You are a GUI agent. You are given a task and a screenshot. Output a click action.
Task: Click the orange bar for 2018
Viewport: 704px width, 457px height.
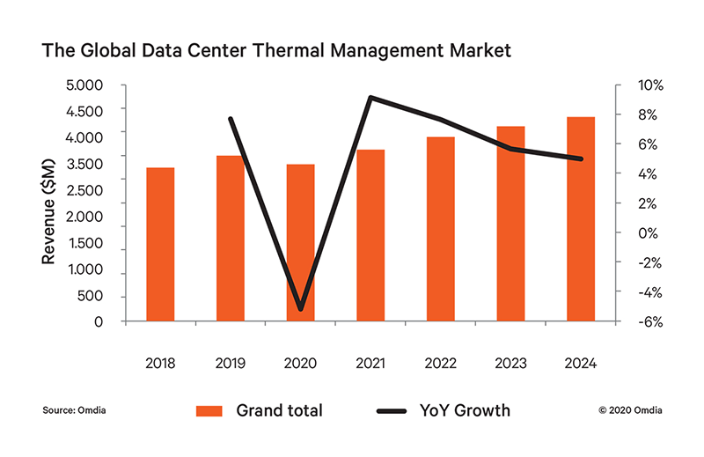click(160, 245)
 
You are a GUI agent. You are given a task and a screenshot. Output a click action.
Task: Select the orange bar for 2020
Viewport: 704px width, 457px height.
click(300, 243)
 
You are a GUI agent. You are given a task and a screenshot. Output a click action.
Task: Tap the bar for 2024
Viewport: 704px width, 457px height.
click(581, 219)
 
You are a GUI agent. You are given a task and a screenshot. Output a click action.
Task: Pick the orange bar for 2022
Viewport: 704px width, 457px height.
click(441, 229)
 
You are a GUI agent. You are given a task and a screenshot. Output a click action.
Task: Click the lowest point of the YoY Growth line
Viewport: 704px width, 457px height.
click(301, 309)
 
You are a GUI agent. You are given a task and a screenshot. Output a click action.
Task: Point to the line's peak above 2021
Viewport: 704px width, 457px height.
click(370, 98)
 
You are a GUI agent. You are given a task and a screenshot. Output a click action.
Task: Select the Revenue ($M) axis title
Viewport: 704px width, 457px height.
click(49, 203)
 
